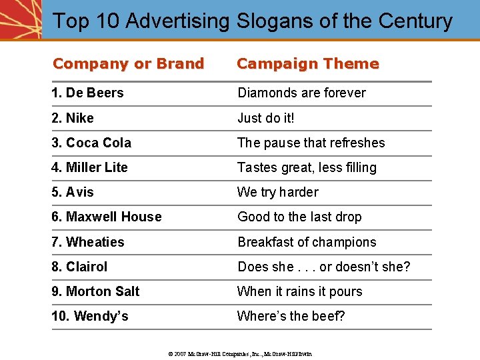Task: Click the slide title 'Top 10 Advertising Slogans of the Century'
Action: [252, 21]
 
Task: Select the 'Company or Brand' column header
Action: [128, 64]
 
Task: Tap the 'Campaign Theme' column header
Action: [307, 64]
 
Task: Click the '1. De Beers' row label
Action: [87, 93]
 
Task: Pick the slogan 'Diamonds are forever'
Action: [301, 93]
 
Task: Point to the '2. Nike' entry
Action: [73, 118]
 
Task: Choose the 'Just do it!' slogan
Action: [265, 118]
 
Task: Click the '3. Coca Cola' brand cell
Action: [91, 143]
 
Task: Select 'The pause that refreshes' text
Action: [311, 143]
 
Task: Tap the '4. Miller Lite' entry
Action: [89, 167]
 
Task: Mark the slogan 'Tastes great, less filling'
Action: [307, 167]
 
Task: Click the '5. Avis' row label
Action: [73, 192]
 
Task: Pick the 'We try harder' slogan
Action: [277, 192]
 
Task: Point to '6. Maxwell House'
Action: [107, 217]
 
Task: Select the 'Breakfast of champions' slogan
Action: [307, 242]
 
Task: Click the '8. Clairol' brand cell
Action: [79, 267]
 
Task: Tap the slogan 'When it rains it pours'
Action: [299, 291]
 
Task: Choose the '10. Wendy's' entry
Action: [90, 316]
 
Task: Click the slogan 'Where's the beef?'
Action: [291, 316]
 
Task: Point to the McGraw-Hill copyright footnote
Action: [239, 353]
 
